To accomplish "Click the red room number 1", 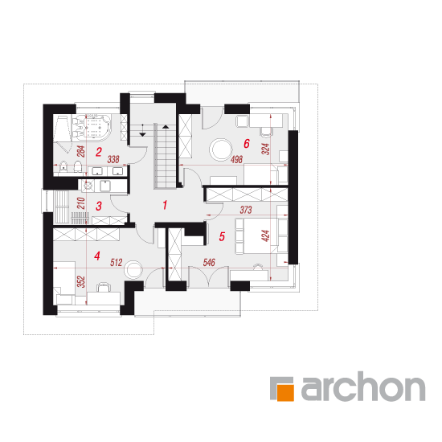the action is tap(165, 205).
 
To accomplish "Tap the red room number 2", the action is tap(98, 152).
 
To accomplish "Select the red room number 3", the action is tap(98, 206).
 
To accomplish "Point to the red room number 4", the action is tap(97, 256).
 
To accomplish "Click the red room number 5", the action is tap(222, 236).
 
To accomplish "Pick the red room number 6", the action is tap(247, 144).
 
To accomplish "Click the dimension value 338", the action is tap(113, 160).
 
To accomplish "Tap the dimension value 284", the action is tap(81, 151).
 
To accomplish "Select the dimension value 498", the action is tap(236, 160).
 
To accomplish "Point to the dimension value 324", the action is tap(265, 149).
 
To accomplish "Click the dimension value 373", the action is tap(246, 210).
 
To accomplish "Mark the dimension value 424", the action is tap(265, 235).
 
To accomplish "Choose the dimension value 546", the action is tap(209, 263).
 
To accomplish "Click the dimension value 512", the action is tap(117, 263).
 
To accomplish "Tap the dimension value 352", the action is tap(81, 281).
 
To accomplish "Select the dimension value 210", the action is tap(81, 203).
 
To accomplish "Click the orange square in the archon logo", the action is tap(285, 392).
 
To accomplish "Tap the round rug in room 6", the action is tap(221, 149).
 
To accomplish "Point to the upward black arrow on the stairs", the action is tap(166, 126).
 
